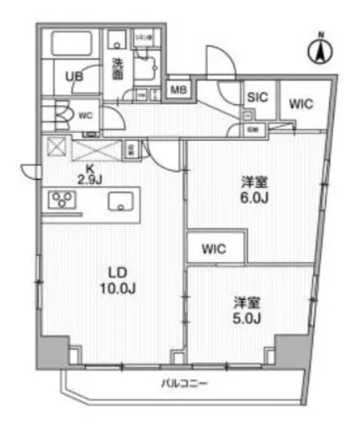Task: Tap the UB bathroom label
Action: pyautogui.click(x=73, y=77)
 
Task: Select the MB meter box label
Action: pyautogui.click(x=177, y=89)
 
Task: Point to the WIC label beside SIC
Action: pyautogui.click(x=299, y=103)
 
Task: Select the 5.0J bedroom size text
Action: pyautogui.click(x=245, y=316)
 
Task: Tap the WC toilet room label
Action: pyautogui.click(x=85, y=116)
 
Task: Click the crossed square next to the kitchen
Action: pyautogui.click(x=58, y=149)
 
